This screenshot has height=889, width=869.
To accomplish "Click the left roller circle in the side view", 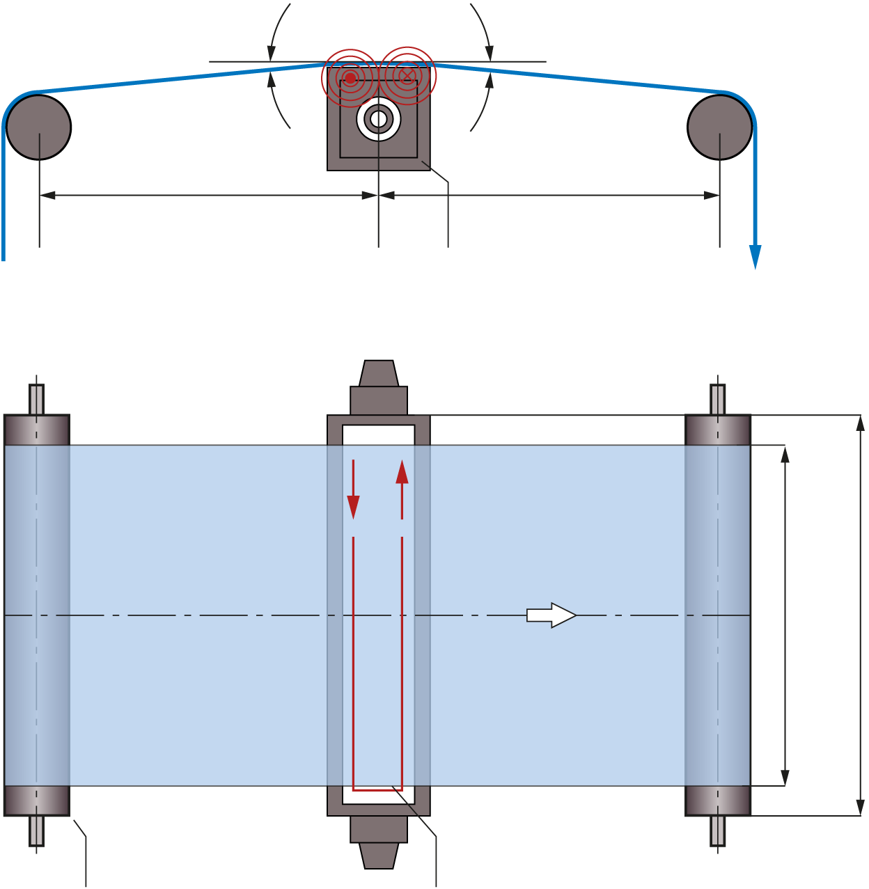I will tap(39, 127).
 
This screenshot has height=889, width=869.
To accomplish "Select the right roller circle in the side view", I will tap(719, 127).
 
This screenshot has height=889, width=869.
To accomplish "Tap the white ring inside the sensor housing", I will tap(379, 119).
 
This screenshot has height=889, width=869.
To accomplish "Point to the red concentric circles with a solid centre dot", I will tap(350, 77).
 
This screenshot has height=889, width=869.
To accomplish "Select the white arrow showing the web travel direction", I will tap(551, 615).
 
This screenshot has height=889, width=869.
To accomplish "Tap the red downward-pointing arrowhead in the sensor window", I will tap(354, 506).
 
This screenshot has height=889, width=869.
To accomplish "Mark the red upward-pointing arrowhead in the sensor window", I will tap(402, 472).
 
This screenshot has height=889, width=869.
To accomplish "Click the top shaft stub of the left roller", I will tap(36, 400).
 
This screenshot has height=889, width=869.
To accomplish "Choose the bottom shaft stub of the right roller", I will tap(718, 831).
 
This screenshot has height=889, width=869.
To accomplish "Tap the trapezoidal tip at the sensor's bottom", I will tap(379, 855).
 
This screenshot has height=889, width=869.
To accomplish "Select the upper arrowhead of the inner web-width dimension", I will tap(785, 454).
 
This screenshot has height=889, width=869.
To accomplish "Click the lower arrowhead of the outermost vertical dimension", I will tap(860, 807).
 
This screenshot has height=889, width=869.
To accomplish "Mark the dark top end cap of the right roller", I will tap(718, 430).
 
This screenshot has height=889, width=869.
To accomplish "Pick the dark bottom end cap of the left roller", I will tap(36, 801).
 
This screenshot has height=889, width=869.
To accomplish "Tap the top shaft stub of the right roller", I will tap(718, 400).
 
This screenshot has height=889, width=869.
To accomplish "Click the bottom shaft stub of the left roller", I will tap(36, 831).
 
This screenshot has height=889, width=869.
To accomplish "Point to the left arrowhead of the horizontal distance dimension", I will tap(47, 196).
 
